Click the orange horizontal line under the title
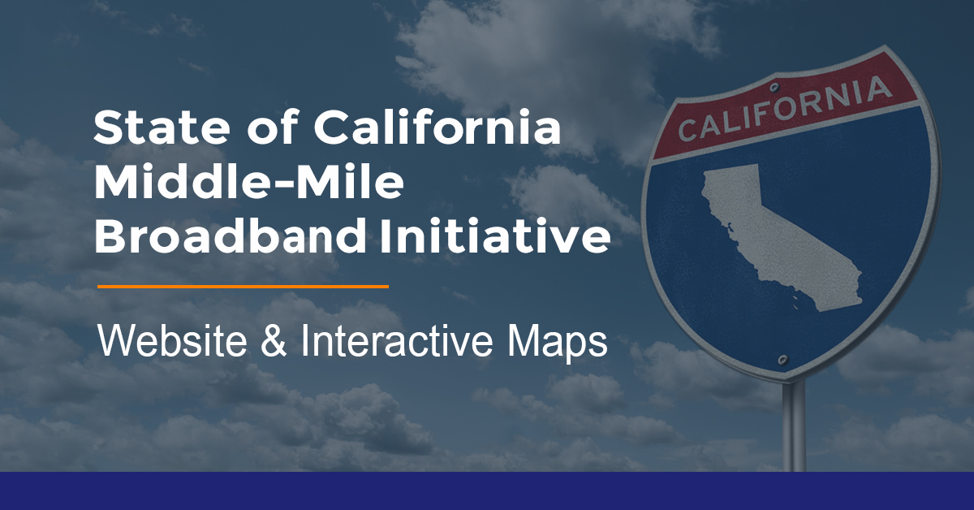tap(243, 287)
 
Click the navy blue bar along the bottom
tap(487, 491)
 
